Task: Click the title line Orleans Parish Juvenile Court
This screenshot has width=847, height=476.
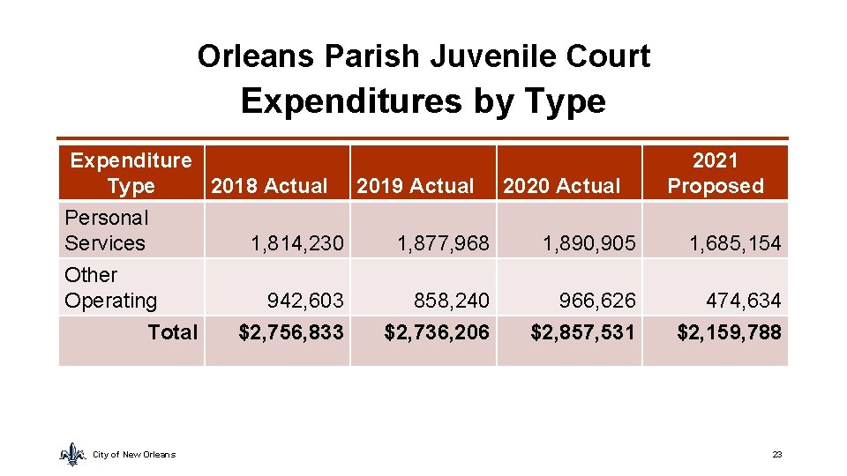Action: pyautogui.click(x=423, y=56)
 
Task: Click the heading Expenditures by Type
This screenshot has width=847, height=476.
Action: pyautogui.click(x=423, y=101)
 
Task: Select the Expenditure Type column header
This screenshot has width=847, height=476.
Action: pyautogui.click(x=131, y=173)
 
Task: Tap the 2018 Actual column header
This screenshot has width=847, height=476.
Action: pyautogui.click(x=269, y=186)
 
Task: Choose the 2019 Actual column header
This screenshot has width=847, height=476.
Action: pyautogui.click(x=416, y=186)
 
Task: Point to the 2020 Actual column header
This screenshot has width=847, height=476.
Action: pyautogui.click(x=562, y=186)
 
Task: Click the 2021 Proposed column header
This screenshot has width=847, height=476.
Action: pyautogui.click(x=715, y=173)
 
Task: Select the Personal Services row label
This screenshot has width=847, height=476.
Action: pyautogui.click(x=106, y=230)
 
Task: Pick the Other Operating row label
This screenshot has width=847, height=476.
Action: pyautogui.click(x=110, y=287)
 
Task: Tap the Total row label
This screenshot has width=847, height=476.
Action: pyautogui.click(x=173, y=331)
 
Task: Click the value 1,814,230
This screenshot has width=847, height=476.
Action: pyautogui.click(x=296, y=243)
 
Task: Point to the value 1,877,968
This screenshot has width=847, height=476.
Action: pyautogui.click(x=443, y=243)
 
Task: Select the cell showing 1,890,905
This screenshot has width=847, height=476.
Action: pyautogui.click(x=589, y=243)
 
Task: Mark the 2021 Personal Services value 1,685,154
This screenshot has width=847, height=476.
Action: pyautogui.click(x=735, y=243)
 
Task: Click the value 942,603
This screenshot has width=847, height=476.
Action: pyautogui.click(x=305, y=301)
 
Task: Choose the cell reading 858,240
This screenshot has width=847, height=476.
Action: pyautogui.click(x=452, y=301)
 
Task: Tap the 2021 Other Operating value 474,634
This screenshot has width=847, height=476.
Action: pyautogui.click(x=743, y=301)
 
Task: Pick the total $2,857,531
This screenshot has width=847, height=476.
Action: pyautogui.click(x=582, y=331)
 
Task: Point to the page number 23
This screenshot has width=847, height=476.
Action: pyautogui.click(x=776, y=454)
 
